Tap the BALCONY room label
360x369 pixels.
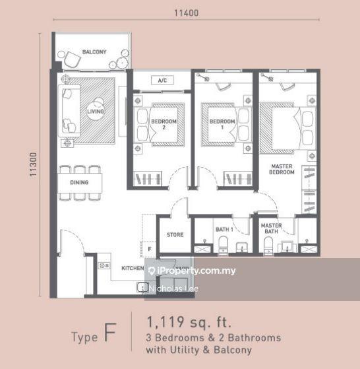tap(94, 51)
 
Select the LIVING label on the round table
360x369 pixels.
tap(96, 112)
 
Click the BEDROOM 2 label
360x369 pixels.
tap(160, 124)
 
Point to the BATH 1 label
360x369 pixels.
tap(224, 229)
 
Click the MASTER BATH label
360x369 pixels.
tap(271, 228)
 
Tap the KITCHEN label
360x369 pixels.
tap(133, 269)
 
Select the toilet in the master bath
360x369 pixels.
tap(268, 245)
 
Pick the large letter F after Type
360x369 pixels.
tap(111, 335)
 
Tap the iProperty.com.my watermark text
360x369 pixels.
tap(196, 271)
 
